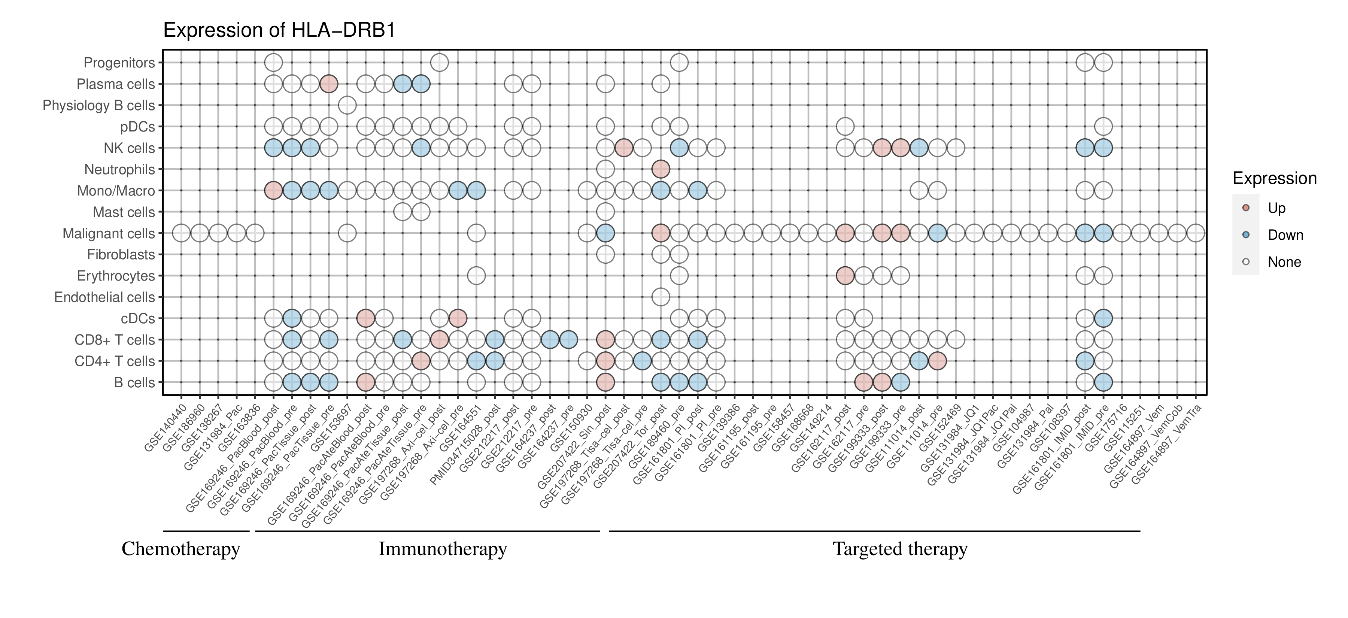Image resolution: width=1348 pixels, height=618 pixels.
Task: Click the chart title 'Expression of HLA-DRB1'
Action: (279, 30)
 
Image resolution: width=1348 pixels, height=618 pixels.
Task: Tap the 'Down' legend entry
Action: (1285, 235)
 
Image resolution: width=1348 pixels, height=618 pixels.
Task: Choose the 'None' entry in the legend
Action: (1284, 262)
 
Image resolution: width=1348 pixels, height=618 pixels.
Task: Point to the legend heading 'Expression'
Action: (1274, 178)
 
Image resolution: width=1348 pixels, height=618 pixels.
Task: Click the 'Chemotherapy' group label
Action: (180, 549)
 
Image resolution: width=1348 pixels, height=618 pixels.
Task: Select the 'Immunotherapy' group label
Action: (443, 549)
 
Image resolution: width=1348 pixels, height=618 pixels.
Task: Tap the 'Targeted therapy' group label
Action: (900, 549)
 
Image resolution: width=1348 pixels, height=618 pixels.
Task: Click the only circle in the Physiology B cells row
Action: (347, 105)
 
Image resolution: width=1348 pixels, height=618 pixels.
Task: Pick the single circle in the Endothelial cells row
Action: (661, 297)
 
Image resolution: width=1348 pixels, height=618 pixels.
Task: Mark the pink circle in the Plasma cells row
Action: (329, 84)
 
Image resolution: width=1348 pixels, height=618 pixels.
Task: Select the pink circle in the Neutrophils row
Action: (661, 169)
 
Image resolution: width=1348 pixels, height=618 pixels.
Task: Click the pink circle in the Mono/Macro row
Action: (274, 191)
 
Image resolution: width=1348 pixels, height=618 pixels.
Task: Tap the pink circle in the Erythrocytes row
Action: (845, 276)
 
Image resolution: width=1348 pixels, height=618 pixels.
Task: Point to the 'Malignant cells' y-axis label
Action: (109, 233)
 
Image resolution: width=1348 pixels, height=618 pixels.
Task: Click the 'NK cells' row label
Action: (129, 148)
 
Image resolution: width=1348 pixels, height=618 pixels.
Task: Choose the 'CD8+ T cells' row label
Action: (115, 340)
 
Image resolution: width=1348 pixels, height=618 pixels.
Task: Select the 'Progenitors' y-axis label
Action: (119, 63)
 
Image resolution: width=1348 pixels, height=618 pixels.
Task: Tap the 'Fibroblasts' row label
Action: (121, 255)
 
